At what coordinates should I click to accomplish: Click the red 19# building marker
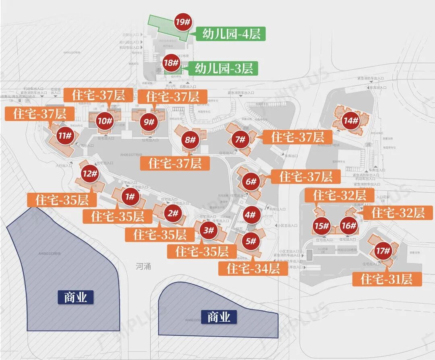(182, 22)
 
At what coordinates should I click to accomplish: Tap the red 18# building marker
(171, 63)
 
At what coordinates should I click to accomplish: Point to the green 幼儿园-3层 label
(224, 68)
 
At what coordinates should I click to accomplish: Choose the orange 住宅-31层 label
(387, 279)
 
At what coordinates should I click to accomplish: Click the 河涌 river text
(143, 266)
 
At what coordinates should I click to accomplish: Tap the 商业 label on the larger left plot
(75, 298)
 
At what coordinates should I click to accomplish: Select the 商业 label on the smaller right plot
(219, 317)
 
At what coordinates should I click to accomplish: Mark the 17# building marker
(383, 251)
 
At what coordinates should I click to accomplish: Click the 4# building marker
(251, 215)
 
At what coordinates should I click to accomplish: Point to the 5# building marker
(251, 241)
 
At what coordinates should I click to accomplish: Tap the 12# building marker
(90, 174)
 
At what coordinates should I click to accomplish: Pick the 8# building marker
(190, 140)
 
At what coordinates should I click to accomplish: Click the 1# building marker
(130, 197)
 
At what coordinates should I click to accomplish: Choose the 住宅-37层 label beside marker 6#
(306, 177)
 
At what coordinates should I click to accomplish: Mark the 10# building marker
(105, 120)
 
